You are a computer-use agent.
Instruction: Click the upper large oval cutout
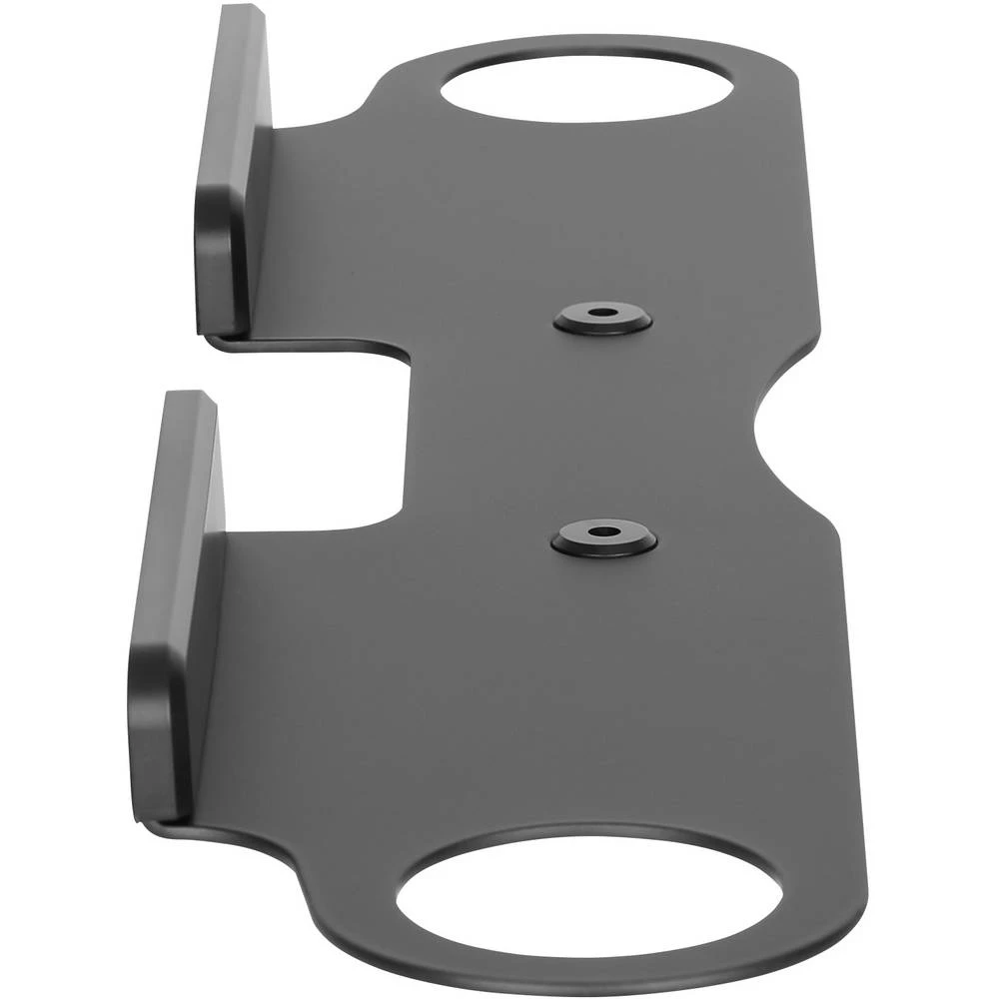point(586,87)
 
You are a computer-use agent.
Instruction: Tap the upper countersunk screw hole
point(602,315)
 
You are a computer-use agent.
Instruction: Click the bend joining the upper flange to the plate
point(265,230)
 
